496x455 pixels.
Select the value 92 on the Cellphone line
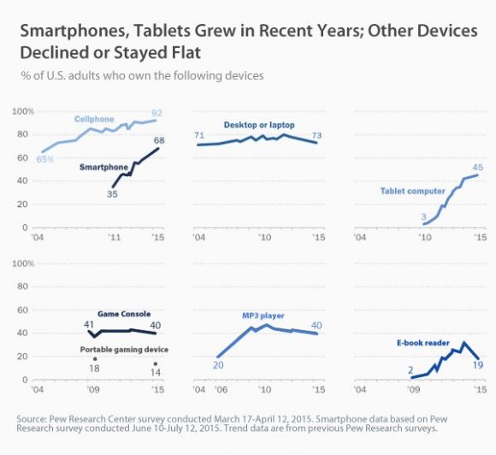157,112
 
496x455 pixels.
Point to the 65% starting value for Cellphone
46,160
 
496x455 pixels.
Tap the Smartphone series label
103,168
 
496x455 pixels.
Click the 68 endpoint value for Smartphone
159,140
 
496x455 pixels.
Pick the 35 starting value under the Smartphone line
111,195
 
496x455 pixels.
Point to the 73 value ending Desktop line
316,135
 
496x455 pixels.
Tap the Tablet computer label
412,192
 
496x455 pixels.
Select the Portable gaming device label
124,350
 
